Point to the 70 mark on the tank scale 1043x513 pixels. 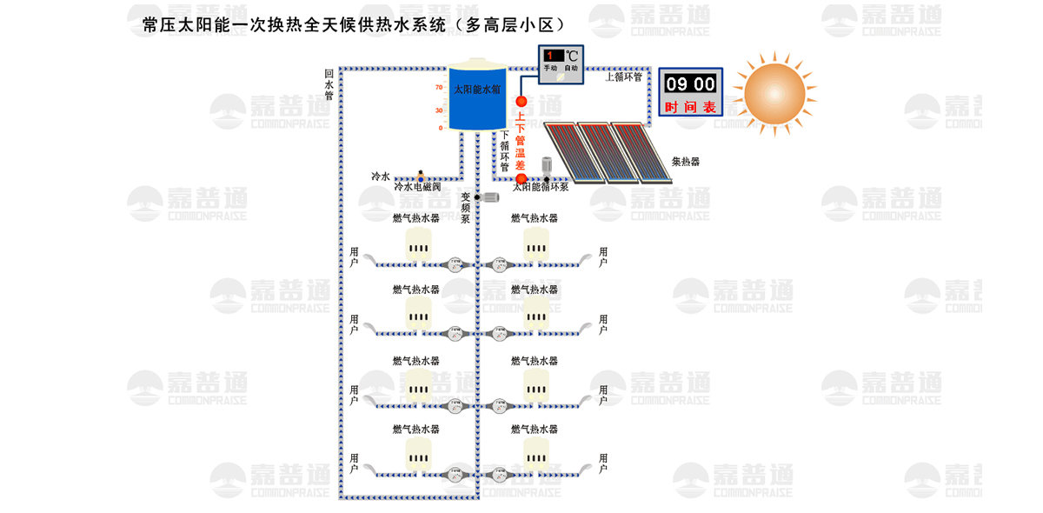coord(439,88)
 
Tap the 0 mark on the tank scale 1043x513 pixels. coord(441,128)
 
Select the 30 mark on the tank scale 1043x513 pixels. coord(439,110)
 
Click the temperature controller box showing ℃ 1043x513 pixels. coord(561,63)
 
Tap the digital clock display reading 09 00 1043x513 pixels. coord(690,84)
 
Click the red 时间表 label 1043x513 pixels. coord(690,107)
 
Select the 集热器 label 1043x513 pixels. coord(686,162)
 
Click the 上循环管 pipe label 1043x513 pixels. coord(623,77)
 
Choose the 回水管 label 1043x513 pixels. coord(329,85)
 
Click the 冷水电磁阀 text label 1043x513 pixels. coord(417,187)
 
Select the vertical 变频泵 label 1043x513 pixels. coord(466,208)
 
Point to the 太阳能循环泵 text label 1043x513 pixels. coord(541,187)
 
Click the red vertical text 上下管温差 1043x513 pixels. coord(521,140)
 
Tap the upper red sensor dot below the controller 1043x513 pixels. coord(521,102)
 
